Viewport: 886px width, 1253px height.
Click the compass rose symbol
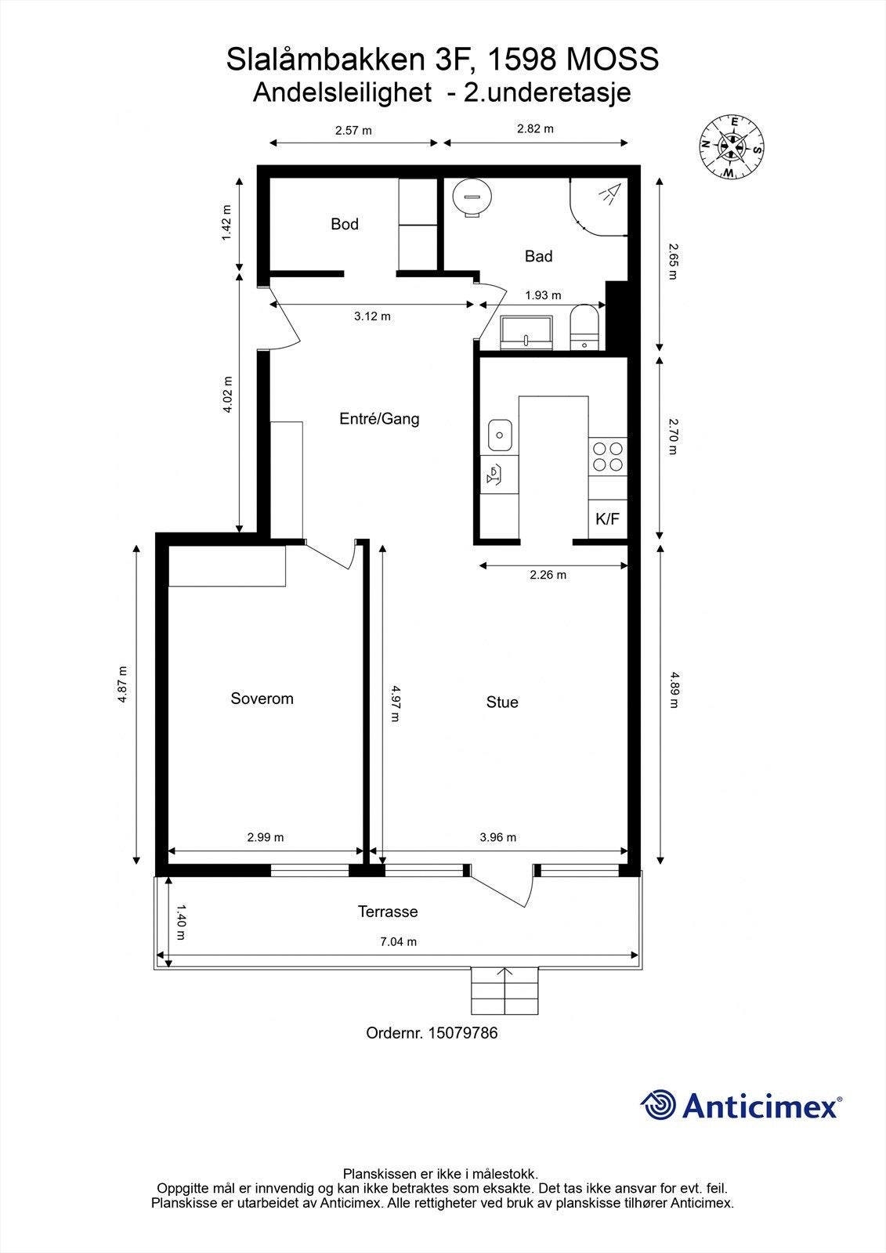click(x=732, y=146)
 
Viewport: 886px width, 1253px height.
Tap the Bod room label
click(x=344, y=224)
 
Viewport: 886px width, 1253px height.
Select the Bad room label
click(x=538, y=256)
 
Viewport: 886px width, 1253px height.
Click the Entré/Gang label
click(x=379, y=418)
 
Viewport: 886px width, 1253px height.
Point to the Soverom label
click(x=262, y=699)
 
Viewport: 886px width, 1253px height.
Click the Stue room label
click(x=502, y=702)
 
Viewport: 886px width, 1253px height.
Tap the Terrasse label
click(x=388, y=912)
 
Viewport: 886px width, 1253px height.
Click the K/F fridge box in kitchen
click(x=607, y=520)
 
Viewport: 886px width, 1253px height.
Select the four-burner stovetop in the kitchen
click(x=608, y=457)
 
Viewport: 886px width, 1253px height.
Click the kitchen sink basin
click(x=500, y=435)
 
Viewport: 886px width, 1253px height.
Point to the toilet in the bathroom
click(x=584, y=327)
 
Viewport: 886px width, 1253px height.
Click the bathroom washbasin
click(x=526, y=332)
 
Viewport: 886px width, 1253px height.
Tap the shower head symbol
click(x=610, y=192)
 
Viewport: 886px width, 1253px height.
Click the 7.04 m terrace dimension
click(x=399, y=941)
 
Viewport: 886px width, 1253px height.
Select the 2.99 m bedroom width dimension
click(x=266, y=837)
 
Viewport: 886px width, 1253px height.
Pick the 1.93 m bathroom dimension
click(x=543, y=294)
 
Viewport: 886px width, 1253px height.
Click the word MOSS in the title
click(x=613, y=60)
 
